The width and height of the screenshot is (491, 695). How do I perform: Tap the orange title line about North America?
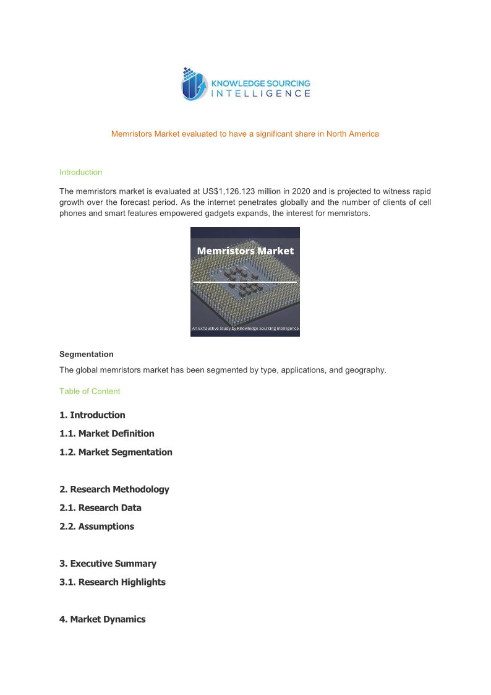[245, 134]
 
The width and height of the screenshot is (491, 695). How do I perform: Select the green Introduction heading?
[80, 172]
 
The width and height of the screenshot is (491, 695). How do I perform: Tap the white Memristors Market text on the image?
[245, 251]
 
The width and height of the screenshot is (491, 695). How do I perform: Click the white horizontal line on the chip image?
[245, 282]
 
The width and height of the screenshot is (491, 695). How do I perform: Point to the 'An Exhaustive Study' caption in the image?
[245, 328]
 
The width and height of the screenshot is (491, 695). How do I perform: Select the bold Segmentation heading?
[86, 355]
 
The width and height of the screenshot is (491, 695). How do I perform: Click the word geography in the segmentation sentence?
[365, 371]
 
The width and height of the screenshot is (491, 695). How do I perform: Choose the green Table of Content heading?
[90, 391]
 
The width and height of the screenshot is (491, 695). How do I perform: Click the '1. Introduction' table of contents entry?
[92, 415]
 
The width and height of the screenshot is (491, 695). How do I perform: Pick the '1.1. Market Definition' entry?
[106, 434]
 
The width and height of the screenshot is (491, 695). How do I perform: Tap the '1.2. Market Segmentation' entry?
[116, 452]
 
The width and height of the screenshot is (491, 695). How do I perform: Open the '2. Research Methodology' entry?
[114, 490]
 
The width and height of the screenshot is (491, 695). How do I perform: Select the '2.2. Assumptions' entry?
[96, 527]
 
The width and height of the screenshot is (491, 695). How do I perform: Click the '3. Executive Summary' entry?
[108, 564]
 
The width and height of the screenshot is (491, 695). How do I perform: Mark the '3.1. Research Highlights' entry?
[112, 582]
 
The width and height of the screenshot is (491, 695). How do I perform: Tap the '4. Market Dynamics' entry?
[102, 619]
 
